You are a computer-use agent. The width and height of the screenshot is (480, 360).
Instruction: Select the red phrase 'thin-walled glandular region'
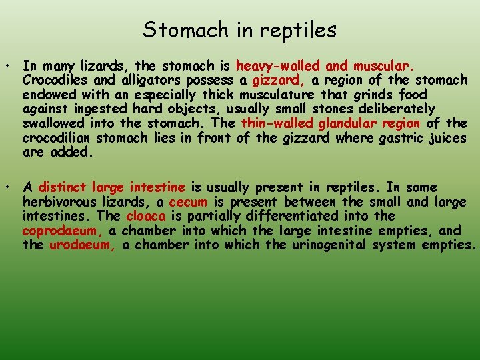(331, 123)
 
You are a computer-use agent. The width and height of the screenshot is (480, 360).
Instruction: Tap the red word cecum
(188, 202)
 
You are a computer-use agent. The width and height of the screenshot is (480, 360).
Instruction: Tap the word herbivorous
(61, 202)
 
